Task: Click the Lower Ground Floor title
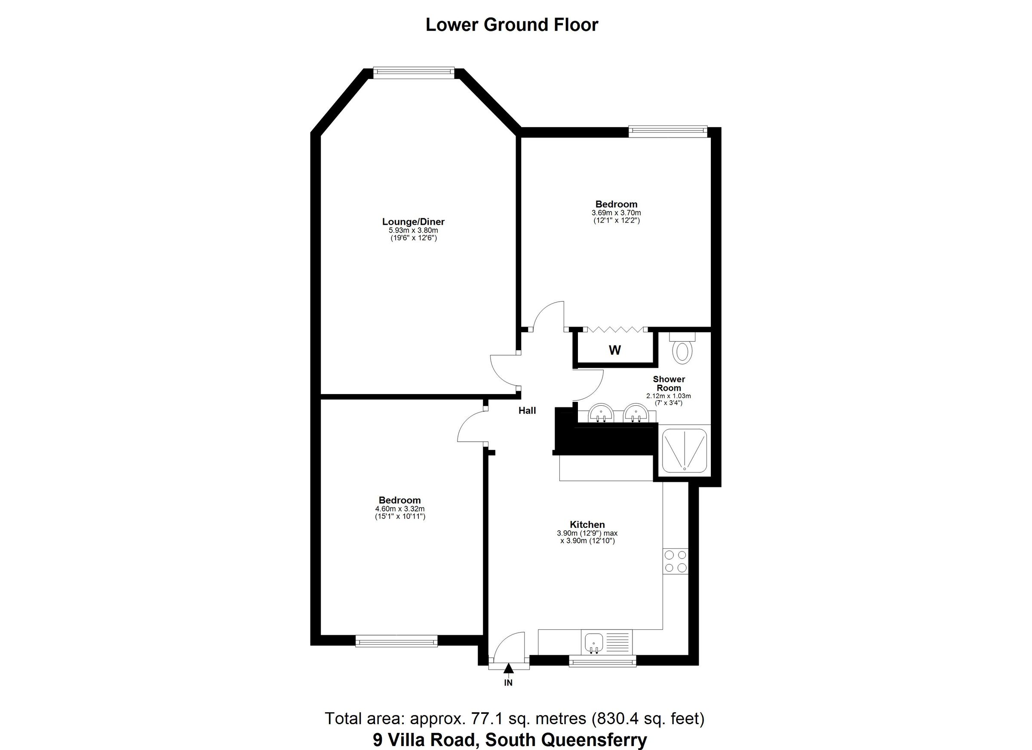point(511,24)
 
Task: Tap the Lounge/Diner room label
point(413,222)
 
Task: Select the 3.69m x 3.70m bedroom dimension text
point(616,213)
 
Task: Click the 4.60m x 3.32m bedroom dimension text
point(399,509)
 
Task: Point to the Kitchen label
point(587,524)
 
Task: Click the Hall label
point(527,411)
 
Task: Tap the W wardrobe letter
point(615,350)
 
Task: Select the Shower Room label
point(668,383)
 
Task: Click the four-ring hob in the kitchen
point(675,561)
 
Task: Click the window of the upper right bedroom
point(667,131)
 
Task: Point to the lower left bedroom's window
point(396,642)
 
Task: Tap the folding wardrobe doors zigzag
point(614,329)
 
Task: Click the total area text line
point(514,719)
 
